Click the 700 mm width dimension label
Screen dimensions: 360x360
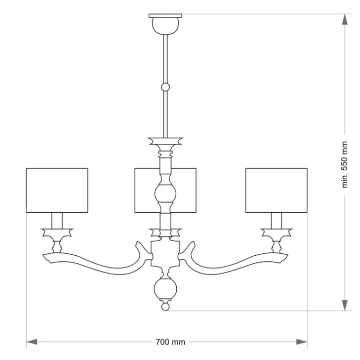pyautogui.click(x=170, y=342)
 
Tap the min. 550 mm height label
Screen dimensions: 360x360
pyautogui.click(x=345, y=165)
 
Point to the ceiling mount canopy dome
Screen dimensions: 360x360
pyautogui.click(x=166, y=26)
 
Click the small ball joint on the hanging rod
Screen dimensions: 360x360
pyautogui.click(x=166, y=87)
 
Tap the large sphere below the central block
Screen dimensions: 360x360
pyautogui.click(x=166, y=289)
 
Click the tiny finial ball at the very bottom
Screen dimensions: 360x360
pyautogui.click(x=166, y=307)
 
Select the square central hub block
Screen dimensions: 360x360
pyautogui.click(x=166, y=253)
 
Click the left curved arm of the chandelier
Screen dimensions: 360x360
pyautogui.click(x=96, y=265)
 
